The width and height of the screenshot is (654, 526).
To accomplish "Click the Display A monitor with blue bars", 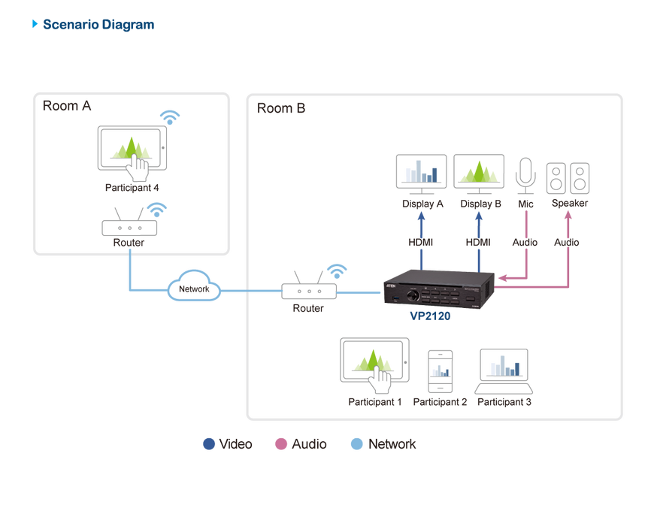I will click(x=421, y=171).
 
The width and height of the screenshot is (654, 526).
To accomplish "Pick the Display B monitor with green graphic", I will click(x=480, y=171).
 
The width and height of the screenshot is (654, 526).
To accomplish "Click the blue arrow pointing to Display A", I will click(x=421, y=218).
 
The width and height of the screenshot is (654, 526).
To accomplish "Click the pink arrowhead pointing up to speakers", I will click(x=568, y=216).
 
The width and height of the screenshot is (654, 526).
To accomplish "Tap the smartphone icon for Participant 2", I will click(x=440, y=370).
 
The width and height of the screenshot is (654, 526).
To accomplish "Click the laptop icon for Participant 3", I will click(x=504, y=372).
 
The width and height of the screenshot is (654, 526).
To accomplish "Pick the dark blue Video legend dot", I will click(x=209, y=444).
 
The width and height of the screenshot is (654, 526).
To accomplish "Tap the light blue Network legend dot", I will click(x=358, y=444).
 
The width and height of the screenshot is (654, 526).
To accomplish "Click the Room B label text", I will click(x=281, y=109).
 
